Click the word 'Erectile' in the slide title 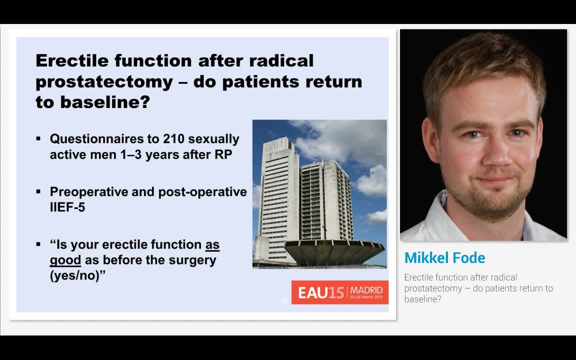point(72,60)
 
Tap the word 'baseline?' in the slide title point(105,102)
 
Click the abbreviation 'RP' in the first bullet point(223,154)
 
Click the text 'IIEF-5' point(67,207)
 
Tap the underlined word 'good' point(65,260)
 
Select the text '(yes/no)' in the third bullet point(75,275)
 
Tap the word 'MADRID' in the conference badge point(366,290)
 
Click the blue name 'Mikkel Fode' point(444,258)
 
